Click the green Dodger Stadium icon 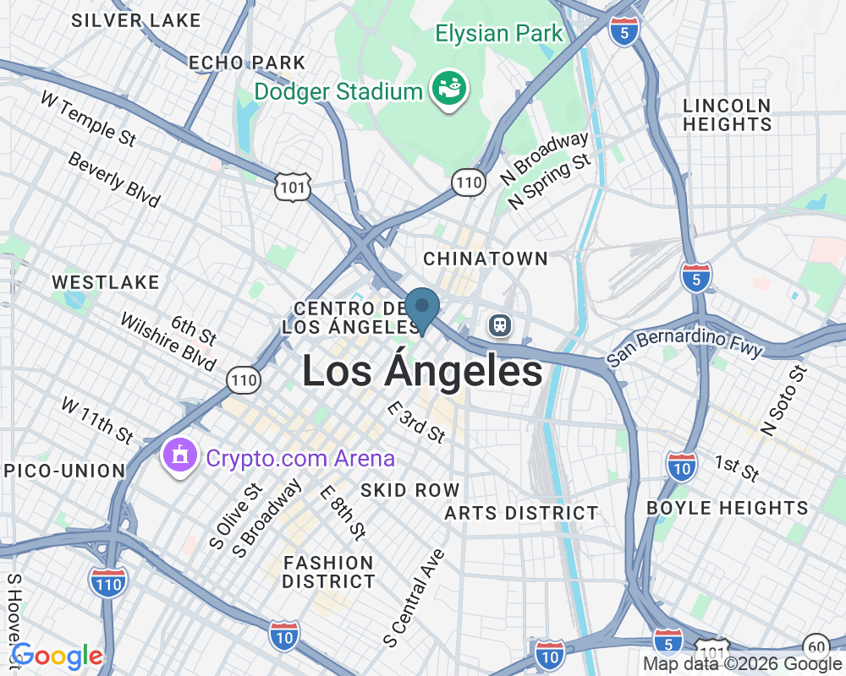pyautogui.click(x=449, y=90)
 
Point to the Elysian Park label pyautogui.click(x=498, y=34)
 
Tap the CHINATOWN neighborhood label pyautogui.click(x=486, y=259)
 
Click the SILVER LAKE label pyautogui.click(x=136, y=20)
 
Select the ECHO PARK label pyautogui.click(x=247, y=63)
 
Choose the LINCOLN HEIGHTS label pyautogui.click(x=728, y=115)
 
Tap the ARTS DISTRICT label pyautogui.click(x=521, y=513)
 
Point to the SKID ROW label pyautogui.click(x=410, y=490)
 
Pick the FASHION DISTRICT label pyautogui.click(x=328, y=572)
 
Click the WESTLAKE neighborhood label pyautogui.click(x=106, y=282)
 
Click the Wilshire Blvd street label pyautogui.click(x=168, y=342)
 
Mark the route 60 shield pyautogui.click(x=816, y=646)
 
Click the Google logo pyautogui.click(x=57, y=656)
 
